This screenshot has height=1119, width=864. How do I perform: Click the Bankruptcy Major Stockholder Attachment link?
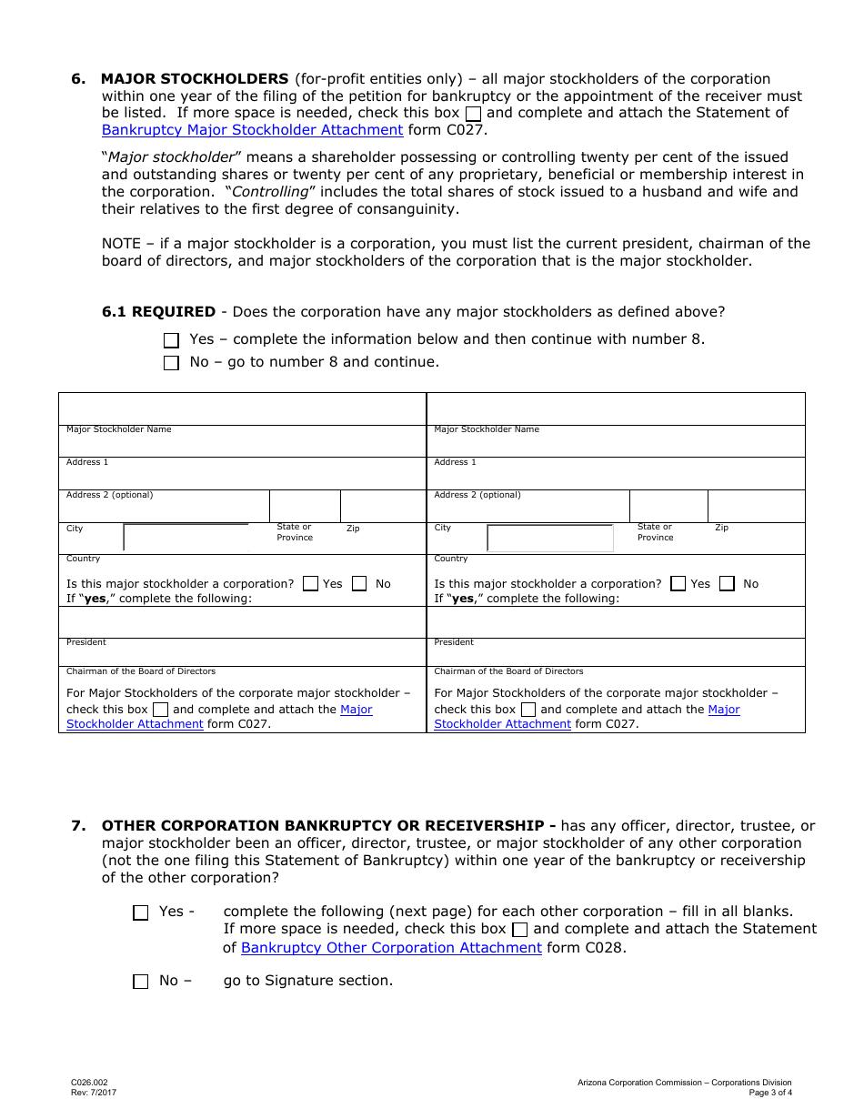tap(252, 130)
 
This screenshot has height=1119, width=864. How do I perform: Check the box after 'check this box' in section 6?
tap(474, 114)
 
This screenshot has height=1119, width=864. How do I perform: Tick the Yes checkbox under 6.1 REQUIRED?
tap(172, 340)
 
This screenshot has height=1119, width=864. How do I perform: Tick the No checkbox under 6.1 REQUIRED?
tap(172, 363)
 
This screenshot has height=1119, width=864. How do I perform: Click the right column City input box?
tap(550, 539)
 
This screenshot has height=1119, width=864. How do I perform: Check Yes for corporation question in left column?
tap(310, 584)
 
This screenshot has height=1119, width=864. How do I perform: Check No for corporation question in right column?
tap(727, 584)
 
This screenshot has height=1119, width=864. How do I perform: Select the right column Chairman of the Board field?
tap(616, 655)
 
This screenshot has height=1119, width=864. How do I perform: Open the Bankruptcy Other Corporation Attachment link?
tap(391, 948)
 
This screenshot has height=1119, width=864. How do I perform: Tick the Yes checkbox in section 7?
tap(140, 912)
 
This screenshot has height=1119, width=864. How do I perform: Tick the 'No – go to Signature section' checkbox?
tap(140, 982)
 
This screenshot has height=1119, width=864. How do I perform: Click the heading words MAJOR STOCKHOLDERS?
tap(195, 79)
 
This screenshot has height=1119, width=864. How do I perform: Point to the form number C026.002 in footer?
tap(89, 1083)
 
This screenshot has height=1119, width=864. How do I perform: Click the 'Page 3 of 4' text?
tap(770, 1093)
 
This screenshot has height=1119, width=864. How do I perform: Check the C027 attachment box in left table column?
tap(160, 710)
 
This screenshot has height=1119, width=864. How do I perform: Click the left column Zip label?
tap(353, 529)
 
